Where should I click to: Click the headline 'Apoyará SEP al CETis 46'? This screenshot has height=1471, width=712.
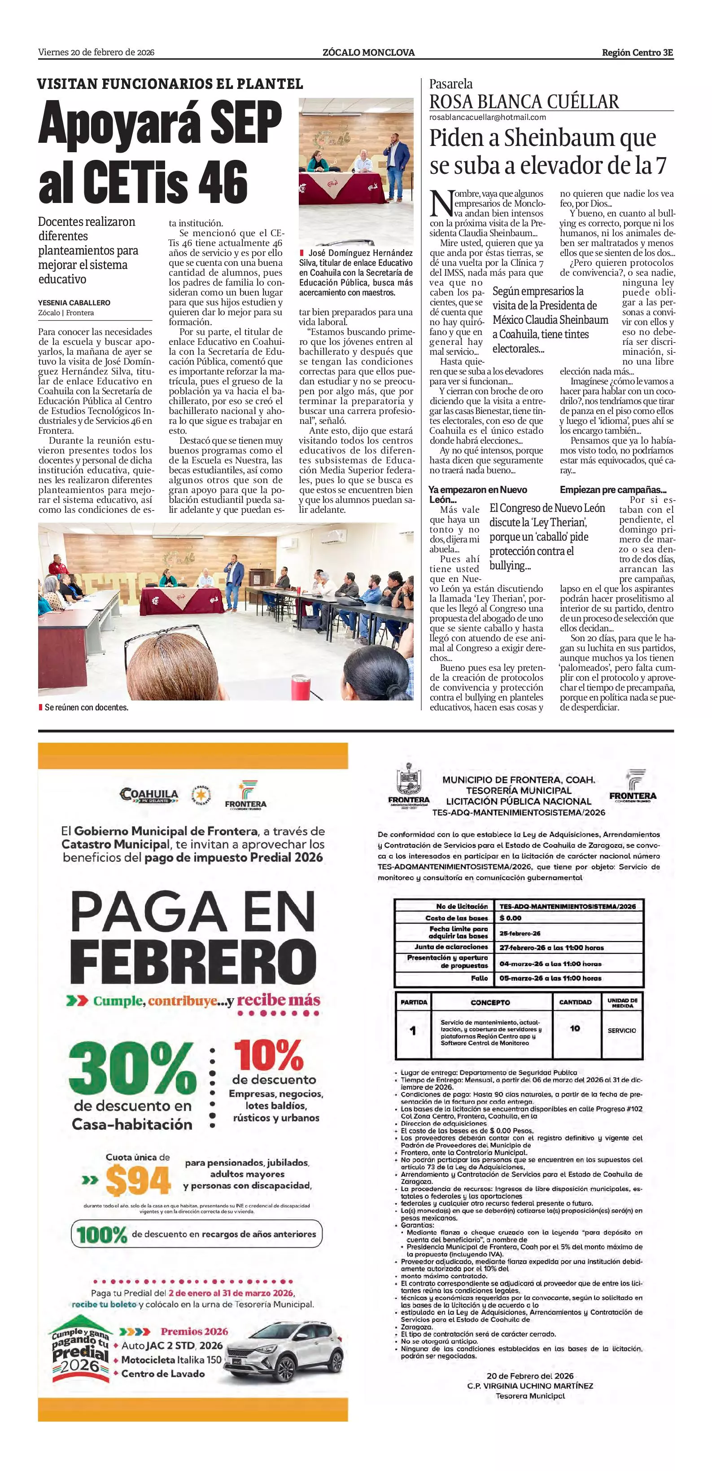tap(160, 151)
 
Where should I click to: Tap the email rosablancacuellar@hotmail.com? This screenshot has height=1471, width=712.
tap(487, 117)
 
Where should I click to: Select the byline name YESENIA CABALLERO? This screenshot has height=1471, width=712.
tap(74, 303)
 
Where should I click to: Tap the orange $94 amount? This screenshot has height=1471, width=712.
tap(138, 1180)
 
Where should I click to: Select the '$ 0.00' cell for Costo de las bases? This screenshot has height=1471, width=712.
tap(511, 918)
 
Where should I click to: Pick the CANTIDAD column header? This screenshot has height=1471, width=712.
tap(575, 1002)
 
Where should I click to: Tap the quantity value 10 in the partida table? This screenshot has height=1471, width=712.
tap(575, 1028)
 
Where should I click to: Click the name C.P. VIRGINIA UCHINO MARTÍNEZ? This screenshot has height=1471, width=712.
tap(529, 1385)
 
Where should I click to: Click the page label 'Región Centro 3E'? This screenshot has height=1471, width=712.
tap(637, 53)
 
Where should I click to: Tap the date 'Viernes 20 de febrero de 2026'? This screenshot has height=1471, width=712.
tap(96, 53)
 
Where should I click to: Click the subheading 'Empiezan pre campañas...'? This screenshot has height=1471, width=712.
tap(613, 489)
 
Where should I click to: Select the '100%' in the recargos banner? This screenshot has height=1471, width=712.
tap(101, 1235)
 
